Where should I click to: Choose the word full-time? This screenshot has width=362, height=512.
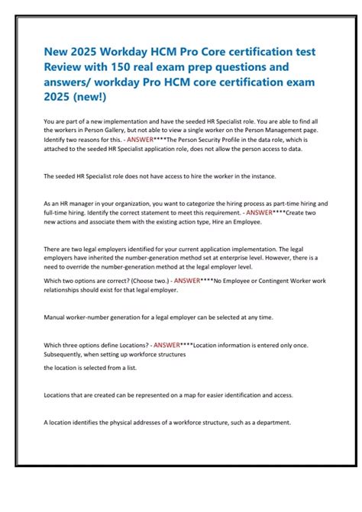coord(58,213)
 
